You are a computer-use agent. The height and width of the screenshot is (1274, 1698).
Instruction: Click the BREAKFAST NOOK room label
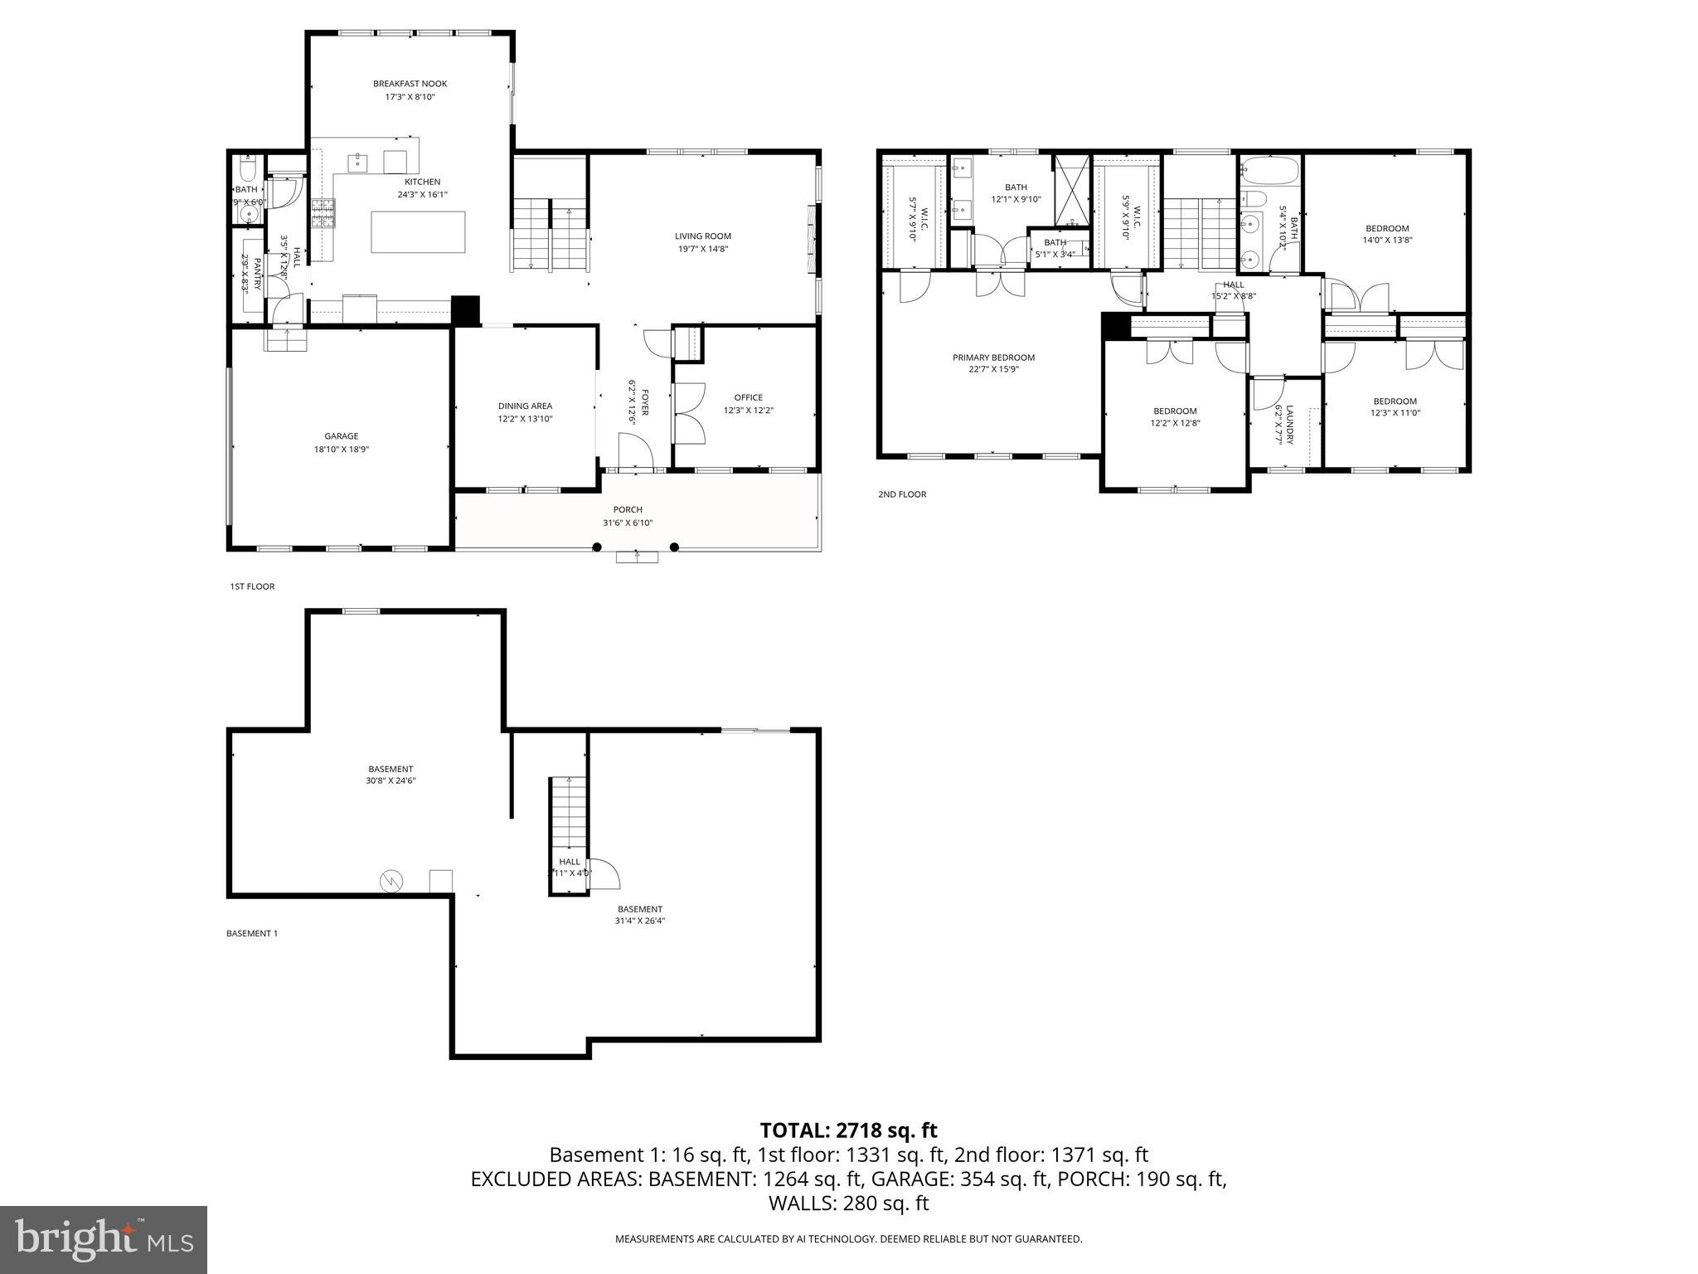(410, 84)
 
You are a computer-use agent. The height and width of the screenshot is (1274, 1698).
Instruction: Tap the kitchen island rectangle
(418, 232)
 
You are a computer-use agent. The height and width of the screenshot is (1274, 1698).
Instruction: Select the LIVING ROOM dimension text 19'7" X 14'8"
(702, 249)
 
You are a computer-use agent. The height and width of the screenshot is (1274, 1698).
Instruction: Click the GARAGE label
(341, 436)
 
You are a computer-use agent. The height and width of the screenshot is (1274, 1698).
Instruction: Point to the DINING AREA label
(525, 406)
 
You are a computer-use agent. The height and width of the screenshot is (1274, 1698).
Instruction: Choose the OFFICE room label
(748, 397)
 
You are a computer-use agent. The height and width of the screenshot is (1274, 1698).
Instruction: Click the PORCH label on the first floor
(628, 509)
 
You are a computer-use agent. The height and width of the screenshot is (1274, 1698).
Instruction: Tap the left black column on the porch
(597, 547)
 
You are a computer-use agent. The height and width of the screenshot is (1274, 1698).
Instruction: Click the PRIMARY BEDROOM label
(993, 357)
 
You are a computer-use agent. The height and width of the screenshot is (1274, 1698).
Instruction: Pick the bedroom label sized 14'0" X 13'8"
(1387, 229)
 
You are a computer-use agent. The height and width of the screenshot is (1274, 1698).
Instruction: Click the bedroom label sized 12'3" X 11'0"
(1395, 401)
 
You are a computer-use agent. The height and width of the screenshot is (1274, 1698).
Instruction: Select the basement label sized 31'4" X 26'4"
(640, 909)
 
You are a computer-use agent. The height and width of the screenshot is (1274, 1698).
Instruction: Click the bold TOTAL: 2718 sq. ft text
(848, 1130)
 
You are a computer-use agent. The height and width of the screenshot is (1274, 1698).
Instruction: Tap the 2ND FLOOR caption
(902, 494)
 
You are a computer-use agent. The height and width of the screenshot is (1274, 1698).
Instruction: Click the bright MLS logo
(104, 1239)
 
